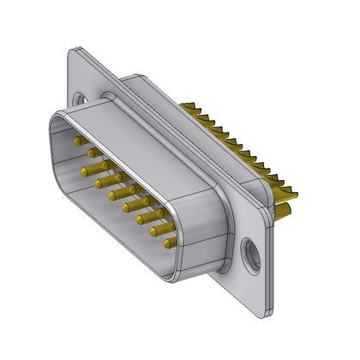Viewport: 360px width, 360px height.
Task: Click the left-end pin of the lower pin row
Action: click(86, 172)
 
